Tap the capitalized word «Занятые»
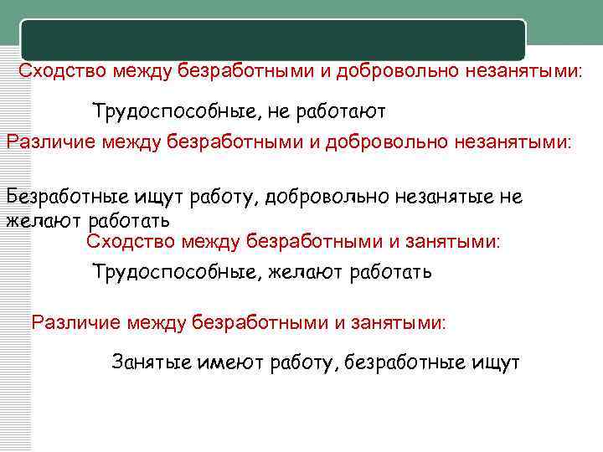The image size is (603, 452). point(152,362)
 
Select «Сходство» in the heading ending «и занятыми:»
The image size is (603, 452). point(124,242)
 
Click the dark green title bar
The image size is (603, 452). point(273,39)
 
